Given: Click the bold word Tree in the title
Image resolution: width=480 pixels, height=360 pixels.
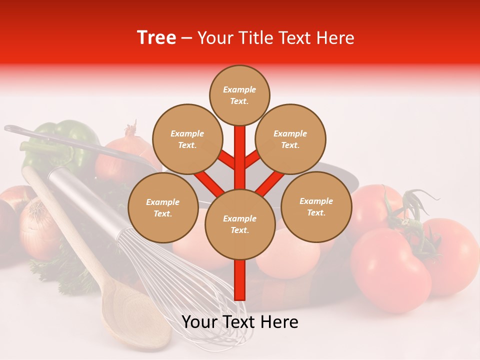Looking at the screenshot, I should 156,37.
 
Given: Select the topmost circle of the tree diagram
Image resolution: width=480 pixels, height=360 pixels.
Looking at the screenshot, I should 239,95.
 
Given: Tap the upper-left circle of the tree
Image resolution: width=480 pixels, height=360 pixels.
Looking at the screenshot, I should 187,139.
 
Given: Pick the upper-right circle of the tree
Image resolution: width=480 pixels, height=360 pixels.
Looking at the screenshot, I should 290,139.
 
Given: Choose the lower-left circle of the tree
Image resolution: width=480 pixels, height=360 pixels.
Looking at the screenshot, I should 163,207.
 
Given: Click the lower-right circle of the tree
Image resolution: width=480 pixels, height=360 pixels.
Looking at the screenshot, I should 316,206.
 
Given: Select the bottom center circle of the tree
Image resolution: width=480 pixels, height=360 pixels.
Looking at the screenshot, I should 240,224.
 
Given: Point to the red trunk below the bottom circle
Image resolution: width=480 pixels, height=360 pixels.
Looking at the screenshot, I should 240,280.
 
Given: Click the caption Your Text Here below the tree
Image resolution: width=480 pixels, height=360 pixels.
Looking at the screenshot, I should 240,322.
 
